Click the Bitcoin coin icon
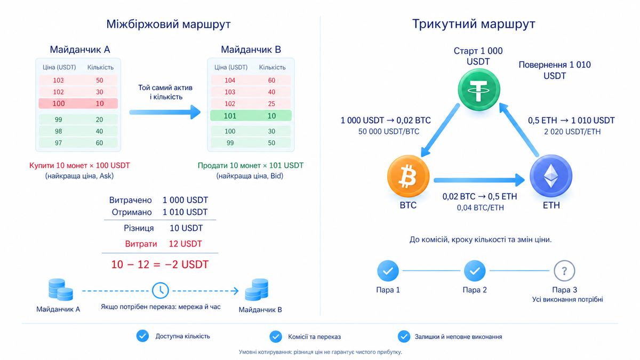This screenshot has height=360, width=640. click(x=409, y=176)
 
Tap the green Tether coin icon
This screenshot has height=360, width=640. click(x=479, y=90)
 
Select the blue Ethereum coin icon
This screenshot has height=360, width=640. click(x=551, y=176)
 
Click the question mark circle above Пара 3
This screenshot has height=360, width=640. click(x=564, y=270)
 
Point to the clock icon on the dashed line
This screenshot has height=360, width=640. click(x=161, y=291)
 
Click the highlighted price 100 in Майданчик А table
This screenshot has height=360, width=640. click(x=59, y=103)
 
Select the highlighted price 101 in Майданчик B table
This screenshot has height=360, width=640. click(x=230, y=116)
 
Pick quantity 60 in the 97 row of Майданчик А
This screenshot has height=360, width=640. click(x=99, y=143)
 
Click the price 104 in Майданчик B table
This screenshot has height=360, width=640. click(x=230, y=81)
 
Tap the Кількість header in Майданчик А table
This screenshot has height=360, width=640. click(x=100, y=67)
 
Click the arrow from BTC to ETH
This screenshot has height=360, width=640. click(x=479, y=180)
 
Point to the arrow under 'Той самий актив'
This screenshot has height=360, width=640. click(x=165, y=112)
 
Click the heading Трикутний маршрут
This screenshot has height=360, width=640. click(x=474, y=23)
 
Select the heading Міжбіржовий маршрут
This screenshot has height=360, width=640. click(x=169, y=24)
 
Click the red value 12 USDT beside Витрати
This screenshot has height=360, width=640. click(x=186, y=244)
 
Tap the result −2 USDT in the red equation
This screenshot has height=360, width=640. click(x=187, y=265)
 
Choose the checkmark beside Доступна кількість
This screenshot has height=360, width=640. click(x=142, y=336)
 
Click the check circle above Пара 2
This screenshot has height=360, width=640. click(x=475, y=270)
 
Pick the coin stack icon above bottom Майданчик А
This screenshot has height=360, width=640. click(x=61, y=290)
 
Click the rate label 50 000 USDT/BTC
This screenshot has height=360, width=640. click(x=389, y=131)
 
